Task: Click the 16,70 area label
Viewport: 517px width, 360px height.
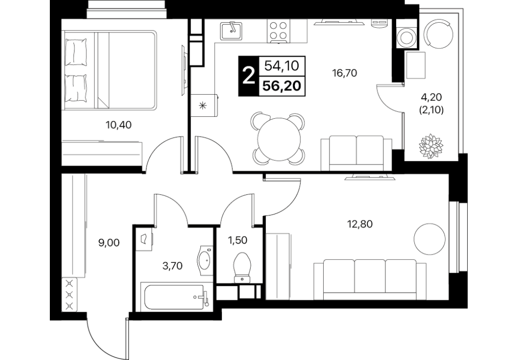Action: pyautogui.click(x=345, y=73)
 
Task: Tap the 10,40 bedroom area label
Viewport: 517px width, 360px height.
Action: pyautogui.click(x=118, y=125)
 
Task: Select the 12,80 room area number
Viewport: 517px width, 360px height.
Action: pyautogui.click(x=360, y=224)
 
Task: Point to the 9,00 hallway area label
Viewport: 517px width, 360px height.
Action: pyautogui.click(x=109, y=243)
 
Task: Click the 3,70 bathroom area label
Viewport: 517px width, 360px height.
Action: pyautogui.click(x=173, y=265)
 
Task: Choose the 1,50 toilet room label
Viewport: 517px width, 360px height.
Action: pyautogui.click(x=237, y=240)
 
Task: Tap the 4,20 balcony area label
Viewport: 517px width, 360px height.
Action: pyautogui.click(x=431, y=97)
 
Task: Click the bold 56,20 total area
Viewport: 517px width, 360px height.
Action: pyautogui.click(x=282, y=86)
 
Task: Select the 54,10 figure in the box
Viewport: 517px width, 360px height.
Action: pyautogui.click(x=282, y=66)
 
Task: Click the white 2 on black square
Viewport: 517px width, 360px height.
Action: pyautogui.click(x=249, y=76)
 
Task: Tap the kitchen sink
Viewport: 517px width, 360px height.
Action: pyautogui.click(x=231, y=30)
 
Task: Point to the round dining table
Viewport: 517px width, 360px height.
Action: pyautogui.click(x=279, y=139)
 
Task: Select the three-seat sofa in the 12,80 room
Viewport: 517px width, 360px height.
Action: pyautogui.click(x=370, y=279)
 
